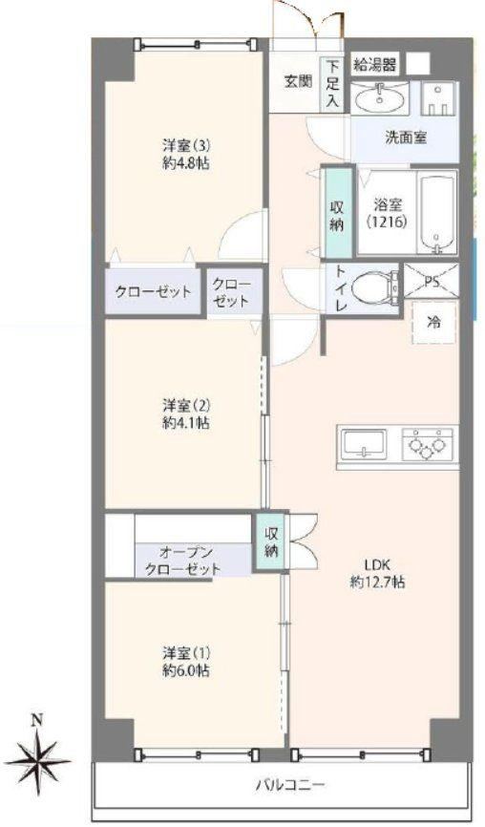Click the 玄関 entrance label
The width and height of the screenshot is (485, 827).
click(x=299, y=82)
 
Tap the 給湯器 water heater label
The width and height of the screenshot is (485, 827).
click(x=374, y=65)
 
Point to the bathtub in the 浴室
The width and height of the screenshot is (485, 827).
click(x=437, y=215)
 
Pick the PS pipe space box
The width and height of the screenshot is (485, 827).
click(x=432, y=280)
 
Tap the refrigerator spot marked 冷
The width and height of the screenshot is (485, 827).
click(x=434, y=323)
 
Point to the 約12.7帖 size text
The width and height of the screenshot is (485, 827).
click(x=377, y=582)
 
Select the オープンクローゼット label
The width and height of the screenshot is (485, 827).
click(x=183, y=562)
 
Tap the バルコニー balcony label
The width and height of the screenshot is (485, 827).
click(x=290, y=785)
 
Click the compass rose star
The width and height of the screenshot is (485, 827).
click(x=38, y=759)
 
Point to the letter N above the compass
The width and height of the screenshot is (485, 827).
click(x=36, y=720)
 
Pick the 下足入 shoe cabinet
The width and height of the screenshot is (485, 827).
click(x=332, y=84)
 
